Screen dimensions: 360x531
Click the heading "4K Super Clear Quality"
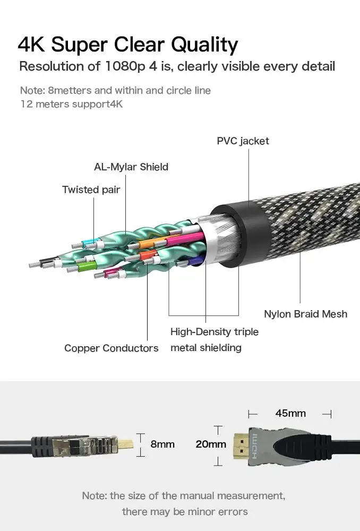click(x=128, y=45)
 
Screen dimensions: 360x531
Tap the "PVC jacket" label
click(x=243, y=141)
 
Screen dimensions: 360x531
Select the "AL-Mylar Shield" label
click(x=131, y=167)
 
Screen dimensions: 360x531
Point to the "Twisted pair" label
click(x=91, y=190)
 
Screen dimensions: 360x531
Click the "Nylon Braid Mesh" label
click(x=305, y=314)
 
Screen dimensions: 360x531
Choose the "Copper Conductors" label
click(x=111, y=348)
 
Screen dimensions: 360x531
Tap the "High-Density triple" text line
click(x=215, y=331)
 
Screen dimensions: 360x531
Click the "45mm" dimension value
click(x=290, y=413)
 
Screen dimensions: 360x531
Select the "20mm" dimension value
click(x=211, y=444)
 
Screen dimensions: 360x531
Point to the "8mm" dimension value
click(x=162, y=444)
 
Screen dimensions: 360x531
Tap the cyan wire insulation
click(x=89, y=243)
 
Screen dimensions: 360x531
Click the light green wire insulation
click(x=87, y=268)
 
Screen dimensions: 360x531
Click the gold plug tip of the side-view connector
click(x=126, y=443)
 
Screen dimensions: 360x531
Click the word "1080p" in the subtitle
click(x=125, y=66)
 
